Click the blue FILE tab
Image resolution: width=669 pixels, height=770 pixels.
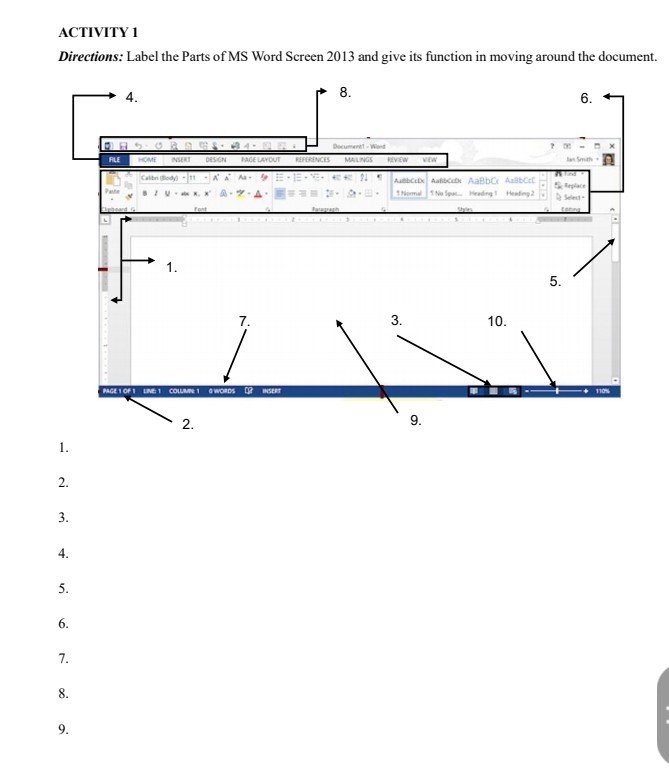114,159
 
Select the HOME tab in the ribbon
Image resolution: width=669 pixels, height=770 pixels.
148,159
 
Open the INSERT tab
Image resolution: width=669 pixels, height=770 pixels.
181,159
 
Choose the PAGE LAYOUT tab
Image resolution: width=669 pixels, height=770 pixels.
260,159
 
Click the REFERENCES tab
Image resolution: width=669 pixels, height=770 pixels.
313,159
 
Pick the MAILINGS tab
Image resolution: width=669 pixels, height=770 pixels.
358,159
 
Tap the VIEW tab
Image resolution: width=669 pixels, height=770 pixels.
430,159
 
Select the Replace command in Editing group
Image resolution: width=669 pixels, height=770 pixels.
574,186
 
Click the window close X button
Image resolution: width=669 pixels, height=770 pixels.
612,146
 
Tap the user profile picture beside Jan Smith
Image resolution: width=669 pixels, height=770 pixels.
607,159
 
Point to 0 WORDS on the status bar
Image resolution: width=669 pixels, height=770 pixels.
222,391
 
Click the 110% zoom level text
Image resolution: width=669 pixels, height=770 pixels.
605,391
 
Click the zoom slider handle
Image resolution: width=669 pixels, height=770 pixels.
557,391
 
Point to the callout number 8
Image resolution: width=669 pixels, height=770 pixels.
345,91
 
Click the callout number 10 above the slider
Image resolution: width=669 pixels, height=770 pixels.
497,322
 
